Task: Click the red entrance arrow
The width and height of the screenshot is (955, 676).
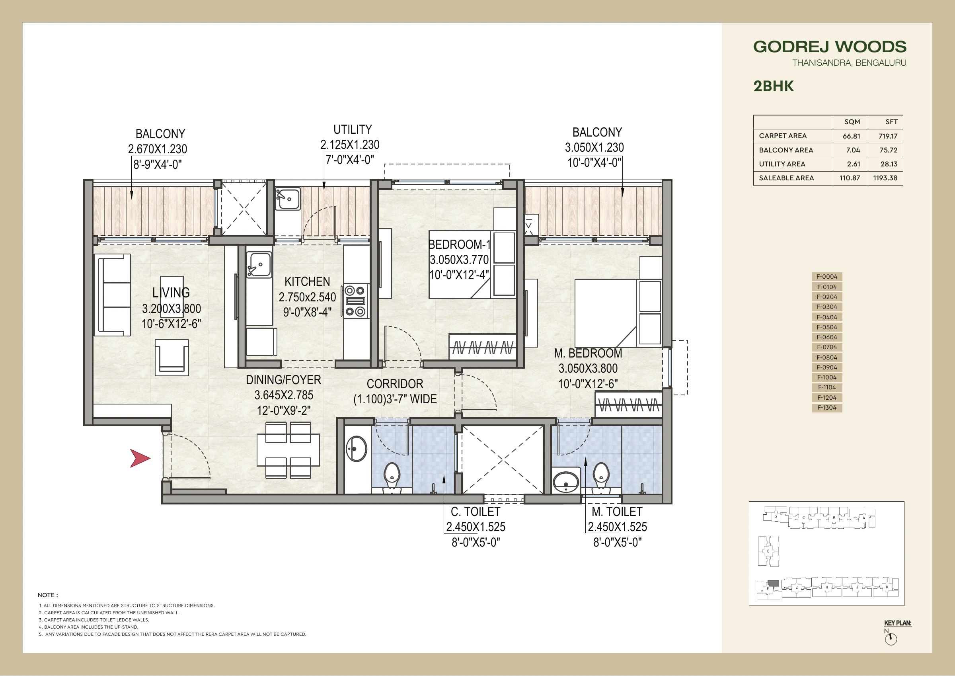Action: pos(140,458)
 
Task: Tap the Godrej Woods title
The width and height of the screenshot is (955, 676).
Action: pos(830,47)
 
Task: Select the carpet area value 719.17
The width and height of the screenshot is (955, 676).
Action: pos(888,136)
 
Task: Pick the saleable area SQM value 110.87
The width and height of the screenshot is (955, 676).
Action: pos(850,178)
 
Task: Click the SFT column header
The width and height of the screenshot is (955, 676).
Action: pos(891,122)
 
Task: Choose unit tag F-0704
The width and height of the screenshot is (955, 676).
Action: pos(827,347)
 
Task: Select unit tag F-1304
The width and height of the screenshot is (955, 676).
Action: pos(827,408)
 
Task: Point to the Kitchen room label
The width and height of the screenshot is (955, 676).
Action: pos(307,282)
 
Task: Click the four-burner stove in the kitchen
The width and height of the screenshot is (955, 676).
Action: pos(355,301)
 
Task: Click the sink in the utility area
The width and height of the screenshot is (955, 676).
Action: pos(287,199)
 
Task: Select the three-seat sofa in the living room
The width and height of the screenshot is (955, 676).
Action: pos(113,295)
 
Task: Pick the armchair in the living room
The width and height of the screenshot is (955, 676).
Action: pos(172,357)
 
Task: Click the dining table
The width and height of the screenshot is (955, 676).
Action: pos(288,450)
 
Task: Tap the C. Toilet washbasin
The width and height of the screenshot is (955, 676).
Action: pos(356,449)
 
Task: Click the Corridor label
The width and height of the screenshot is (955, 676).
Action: pos(395,384)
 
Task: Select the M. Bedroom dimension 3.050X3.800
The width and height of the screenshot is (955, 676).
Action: pos(588,368)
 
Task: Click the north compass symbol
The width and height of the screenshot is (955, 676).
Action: pos(891,639)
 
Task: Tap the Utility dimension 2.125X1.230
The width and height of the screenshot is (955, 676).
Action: pos(350,145)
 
